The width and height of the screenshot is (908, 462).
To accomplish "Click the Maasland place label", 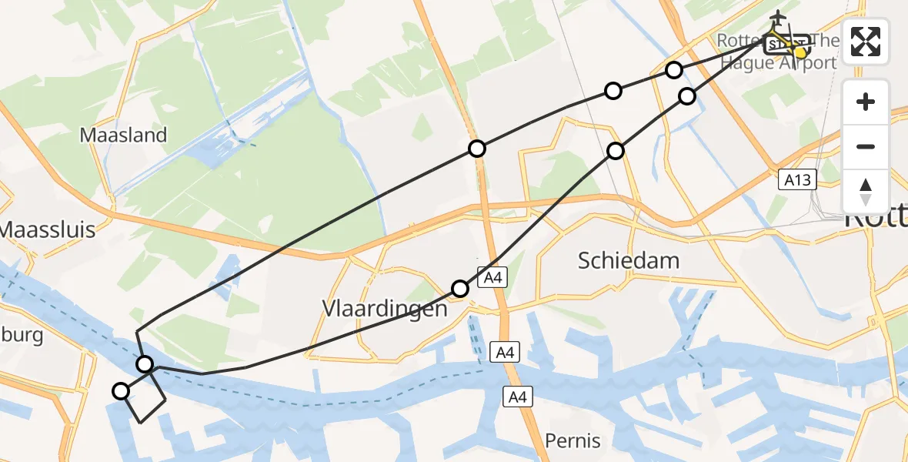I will (x=123, y=136).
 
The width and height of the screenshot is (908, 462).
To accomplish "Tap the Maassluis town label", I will (x=48, y=229).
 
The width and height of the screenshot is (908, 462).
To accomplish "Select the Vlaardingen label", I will (x=384, y=309).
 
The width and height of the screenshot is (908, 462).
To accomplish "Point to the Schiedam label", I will (x=629, y=260).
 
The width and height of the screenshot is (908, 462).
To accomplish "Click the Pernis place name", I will (x=573, y=441).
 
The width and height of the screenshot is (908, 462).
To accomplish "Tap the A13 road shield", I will (x=796, y=180).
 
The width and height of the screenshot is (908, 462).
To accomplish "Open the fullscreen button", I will (x=866, y=42).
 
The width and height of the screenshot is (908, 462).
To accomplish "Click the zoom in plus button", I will (x=866, y=102).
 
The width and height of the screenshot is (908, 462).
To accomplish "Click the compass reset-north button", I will (x=866, y=191).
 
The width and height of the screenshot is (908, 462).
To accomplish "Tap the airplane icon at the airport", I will (x=777, y=17).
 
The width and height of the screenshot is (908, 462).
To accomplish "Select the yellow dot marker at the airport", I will (x=801, y=52).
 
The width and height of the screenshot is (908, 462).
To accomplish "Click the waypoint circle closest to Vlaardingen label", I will (x=460, y=289).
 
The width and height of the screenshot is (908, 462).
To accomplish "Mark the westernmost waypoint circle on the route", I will (x=121, y=391).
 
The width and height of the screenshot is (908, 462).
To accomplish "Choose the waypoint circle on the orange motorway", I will (x=477, y=149).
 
